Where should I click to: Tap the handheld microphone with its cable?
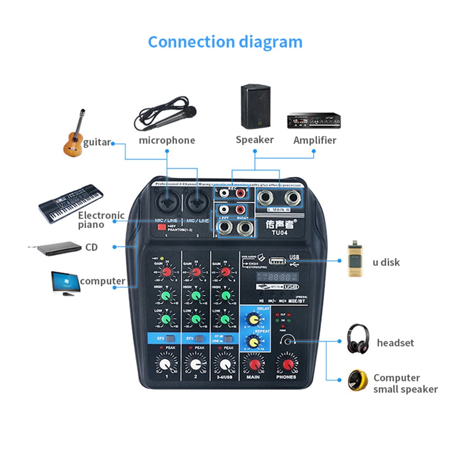(x=165, y=115)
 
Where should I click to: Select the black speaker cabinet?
(x=255, y=106)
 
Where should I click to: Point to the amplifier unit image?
(x=313, y=120)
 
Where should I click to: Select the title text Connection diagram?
(x=225, y=42)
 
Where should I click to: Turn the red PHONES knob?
(x=286, y=363)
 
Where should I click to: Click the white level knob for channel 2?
(x=195, y=363)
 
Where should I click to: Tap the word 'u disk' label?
(x=386, y=262)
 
